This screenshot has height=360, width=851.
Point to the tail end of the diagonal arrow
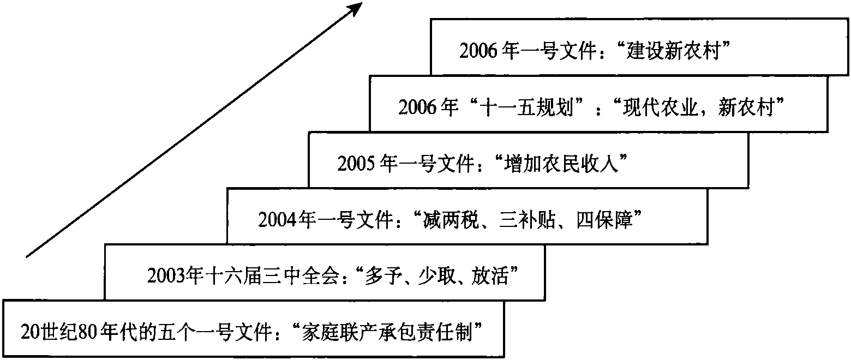point(27,257)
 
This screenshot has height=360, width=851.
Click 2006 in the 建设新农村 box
point(478,51)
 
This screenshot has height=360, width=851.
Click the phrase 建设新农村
point(673,51)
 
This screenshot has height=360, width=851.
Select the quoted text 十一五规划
point(526,107)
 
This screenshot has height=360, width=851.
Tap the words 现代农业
point(661,107)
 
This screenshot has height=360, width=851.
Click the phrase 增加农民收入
point(561,164)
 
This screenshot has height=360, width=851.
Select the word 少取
point(436,276)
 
